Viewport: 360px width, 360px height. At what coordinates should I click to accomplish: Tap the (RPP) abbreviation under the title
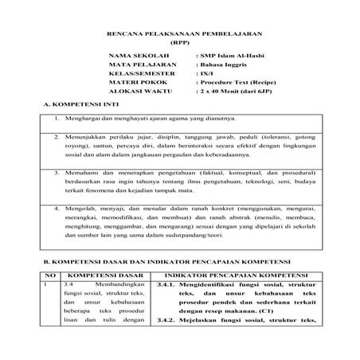coord(179,45)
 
